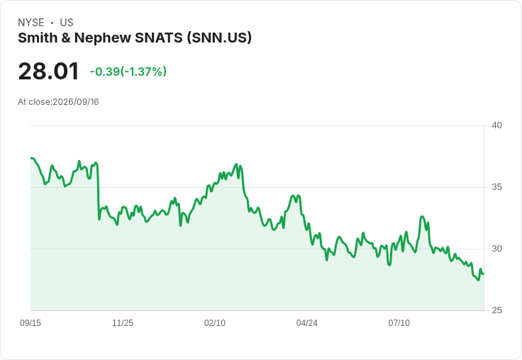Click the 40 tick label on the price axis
[496, 125]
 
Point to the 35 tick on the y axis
[496, 187]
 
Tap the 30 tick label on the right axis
[496, 249]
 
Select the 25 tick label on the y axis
[496, 310]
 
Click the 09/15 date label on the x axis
[30, 322]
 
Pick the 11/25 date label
[123, 322]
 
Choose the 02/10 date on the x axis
[215, 322]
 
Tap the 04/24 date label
[306, 322]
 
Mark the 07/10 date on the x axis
[399, 322]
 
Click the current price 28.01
[49, 72]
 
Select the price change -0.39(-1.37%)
[128, 72]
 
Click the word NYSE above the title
[31, 23]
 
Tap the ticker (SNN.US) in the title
[219, 38]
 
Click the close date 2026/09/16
[76, 102]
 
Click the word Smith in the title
[38, 38]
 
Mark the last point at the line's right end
[484, 274]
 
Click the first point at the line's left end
[31, 158]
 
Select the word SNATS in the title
[159, 38]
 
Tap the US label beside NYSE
[67, 23]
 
